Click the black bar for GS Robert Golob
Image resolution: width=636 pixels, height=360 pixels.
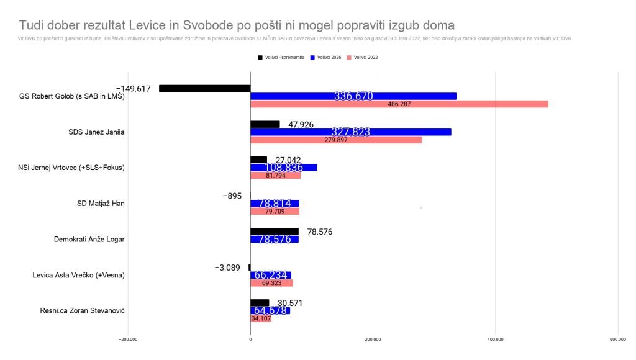205,88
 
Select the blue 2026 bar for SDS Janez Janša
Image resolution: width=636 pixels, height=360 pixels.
350,132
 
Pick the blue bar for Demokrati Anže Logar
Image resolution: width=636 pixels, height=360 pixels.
274,239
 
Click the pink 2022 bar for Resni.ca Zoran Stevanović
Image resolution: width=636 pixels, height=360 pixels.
261,318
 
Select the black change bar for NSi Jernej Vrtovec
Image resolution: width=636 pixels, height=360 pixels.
258,160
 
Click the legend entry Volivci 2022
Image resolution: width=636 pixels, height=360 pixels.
363,57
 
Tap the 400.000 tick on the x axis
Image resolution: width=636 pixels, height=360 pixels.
495,339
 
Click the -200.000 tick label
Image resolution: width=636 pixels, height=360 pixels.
128,339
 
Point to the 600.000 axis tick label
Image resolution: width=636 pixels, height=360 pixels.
617,339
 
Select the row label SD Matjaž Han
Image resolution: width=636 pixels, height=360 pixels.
99,203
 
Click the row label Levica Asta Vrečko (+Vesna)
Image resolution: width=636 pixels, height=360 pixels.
78,275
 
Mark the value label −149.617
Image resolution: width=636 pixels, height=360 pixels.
133,89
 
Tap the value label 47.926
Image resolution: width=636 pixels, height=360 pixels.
301,124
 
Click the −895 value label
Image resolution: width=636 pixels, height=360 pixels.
232,196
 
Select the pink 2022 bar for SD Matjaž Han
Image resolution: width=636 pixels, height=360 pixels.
275,211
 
